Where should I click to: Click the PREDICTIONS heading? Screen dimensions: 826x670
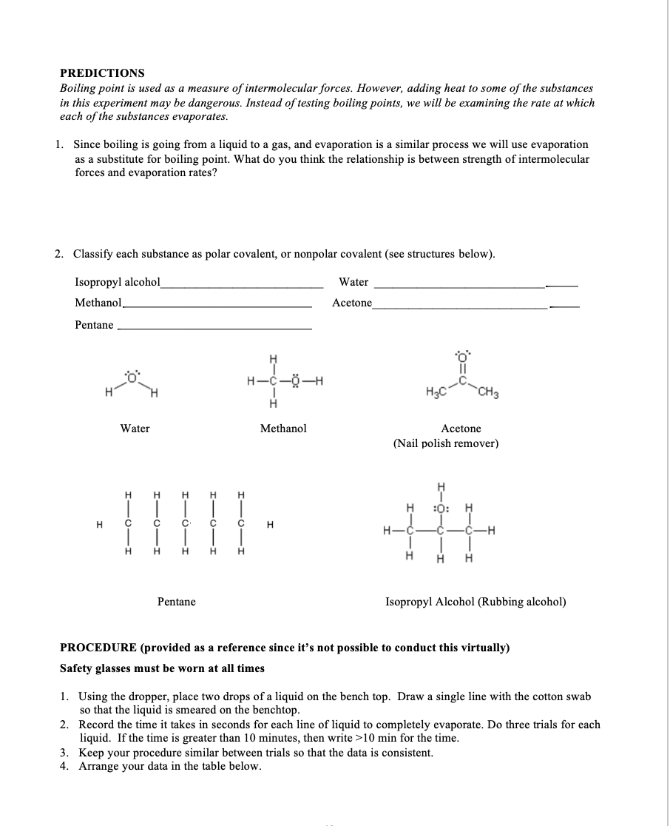[x=102, y=73]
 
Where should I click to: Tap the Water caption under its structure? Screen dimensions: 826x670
[x=135, y=429]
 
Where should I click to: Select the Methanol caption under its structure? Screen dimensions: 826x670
[x=283, y=429]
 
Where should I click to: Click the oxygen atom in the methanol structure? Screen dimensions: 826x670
[x=296, y=382]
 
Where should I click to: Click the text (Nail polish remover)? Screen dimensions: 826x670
[x=446, y=443]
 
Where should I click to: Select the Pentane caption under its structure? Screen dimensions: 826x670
[x=177, y=602]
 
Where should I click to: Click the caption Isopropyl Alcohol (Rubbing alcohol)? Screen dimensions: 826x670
[x=476, y=602]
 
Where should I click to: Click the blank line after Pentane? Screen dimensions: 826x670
[x=214, y=328]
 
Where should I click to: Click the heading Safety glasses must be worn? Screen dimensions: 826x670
[x=162, y=668]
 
